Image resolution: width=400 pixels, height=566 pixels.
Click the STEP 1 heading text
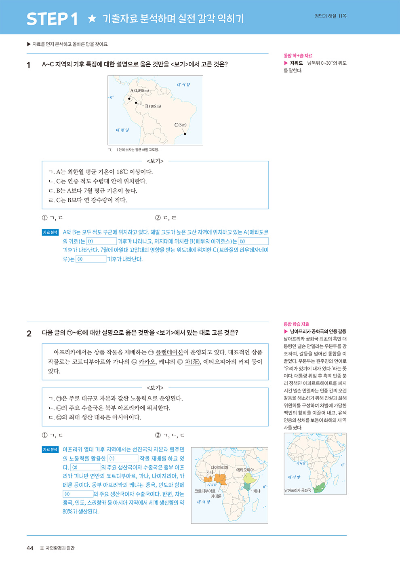(x=52, y=19)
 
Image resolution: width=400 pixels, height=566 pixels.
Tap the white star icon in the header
(x=92, y=18)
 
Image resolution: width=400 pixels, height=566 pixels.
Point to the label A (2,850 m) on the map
(x=139, y=91)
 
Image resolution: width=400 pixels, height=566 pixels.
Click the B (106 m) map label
(x=153, y=106)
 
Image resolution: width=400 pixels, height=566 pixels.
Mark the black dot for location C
(x=185, y=134)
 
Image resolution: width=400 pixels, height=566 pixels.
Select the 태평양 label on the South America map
(x=122, y=130)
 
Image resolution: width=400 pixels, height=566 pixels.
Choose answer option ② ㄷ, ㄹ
(x=166, y=218)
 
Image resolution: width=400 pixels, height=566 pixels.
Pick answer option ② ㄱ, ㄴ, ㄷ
(x=170, y=435)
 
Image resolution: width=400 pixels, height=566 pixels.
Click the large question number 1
(x=29, y=65)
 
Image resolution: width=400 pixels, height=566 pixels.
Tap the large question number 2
(x=29, y=334)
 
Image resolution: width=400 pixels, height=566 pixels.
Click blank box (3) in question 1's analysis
(x=91, y=259)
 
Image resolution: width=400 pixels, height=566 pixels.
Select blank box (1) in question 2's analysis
(x=123, y=458)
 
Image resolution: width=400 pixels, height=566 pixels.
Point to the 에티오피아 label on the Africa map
(x=245, y=470)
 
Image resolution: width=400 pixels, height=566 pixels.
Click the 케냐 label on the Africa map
(x=257, y=491)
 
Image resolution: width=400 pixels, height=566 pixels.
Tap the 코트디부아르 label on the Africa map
(x=205, y=491)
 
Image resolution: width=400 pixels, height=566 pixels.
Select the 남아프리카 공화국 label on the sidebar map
(x=298, y=490)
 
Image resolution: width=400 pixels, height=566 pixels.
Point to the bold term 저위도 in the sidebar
(x=296, y=63)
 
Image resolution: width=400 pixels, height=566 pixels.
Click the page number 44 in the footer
(x=30, y=548)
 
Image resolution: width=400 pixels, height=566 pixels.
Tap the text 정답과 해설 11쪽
(x=331, y=16)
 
